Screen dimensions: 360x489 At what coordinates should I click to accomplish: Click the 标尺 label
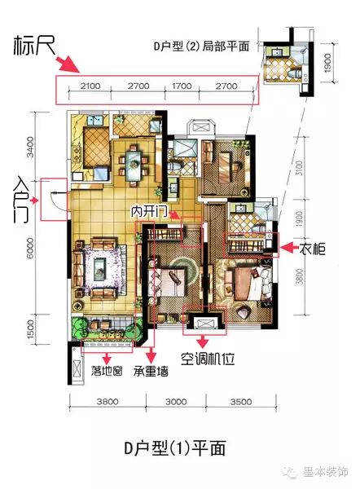point(34,46)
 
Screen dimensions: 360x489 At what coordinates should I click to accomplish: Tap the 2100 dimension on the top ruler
point(90,86)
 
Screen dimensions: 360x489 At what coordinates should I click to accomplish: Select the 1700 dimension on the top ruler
point(182,86)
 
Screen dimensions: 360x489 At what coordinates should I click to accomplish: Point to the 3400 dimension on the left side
point(30,147)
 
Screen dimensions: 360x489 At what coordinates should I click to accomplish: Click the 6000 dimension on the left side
point(30,248)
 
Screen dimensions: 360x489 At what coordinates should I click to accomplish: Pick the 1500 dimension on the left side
point(30,329)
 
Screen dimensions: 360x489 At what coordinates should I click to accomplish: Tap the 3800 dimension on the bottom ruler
point(108,402)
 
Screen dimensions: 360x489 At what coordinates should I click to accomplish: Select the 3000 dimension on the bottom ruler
point(176,402)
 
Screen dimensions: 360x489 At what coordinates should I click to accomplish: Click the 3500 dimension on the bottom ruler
point(241,402)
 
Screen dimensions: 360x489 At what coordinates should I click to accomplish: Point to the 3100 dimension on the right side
point(299,168)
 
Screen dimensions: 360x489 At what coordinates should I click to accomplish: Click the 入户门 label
point(21,200)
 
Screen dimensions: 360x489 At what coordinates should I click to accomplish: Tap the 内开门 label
point(149,212)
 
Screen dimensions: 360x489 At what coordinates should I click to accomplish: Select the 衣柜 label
point(313,249)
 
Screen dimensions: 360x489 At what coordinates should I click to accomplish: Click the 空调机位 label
point(208,359)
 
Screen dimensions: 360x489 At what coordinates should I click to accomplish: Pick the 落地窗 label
point(107,371)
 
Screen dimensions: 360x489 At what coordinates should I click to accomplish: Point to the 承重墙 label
point(151,371)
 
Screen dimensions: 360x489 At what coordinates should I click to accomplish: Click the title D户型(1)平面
point(175,448)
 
